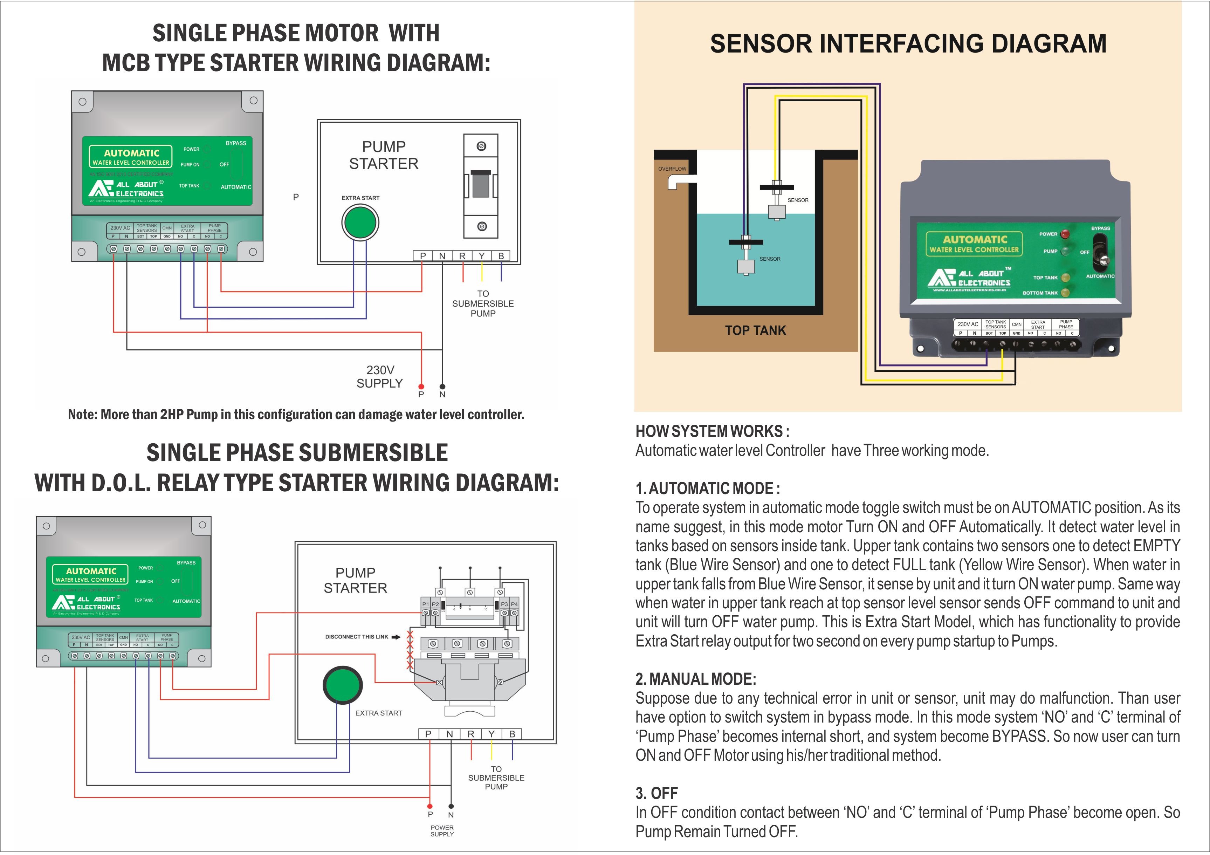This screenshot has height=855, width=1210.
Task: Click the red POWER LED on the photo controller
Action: click(x=1065, y=233)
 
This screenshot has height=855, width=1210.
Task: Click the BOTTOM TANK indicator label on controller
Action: click(x=1040, y=293)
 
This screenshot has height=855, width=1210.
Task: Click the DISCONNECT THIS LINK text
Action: click(x=356, y=637)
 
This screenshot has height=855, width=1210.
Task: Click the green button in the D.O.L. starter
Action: click(x=343, y=685)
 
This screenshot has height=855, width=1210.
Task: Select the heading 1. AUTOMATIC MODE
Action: click(x=707, y=488)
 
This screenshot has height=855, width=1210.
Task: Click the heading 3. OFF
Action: click(x=656, y=793)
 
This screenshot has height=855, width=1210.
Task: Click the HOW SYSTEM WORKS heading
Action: click(x=712, y=431)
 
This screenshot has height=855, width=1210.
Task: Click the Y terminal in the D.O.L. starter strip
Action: click(x=491, y=734)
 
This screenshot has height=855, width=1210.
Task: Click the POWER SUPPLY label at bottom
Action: click(x=442, y=831)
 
